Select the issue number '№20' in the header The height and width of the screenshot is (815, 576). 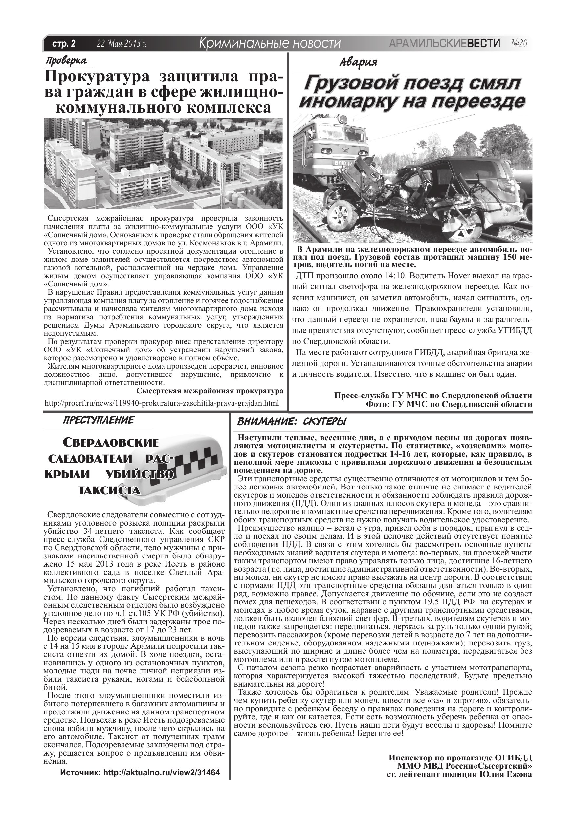519,43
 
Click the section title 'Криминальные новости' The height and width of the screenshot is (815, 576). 270,43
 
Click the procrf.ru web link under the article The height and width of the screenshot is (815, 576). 162,403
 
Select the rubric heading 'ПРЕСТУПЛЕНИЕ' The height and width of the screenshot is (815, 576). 98,420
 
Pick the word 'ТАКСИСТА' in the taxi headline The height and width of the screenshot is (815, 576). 109,490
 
